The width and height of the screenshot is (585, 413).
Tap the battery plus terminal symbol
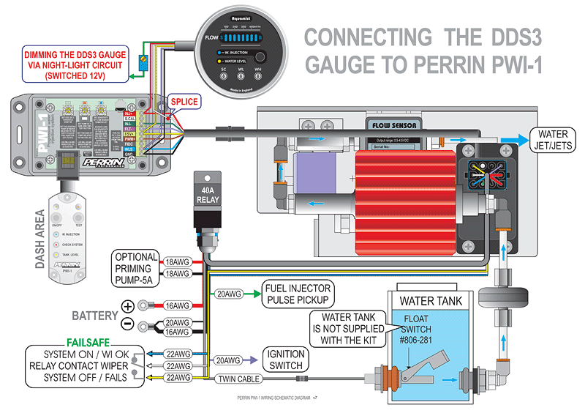(x=128, y=305)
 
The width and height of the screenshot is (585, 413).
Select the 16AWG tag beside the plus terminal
(x=174, y=305)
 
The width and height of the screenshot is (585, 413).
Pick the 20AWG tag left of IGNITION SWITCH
(x=227, y=360)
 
